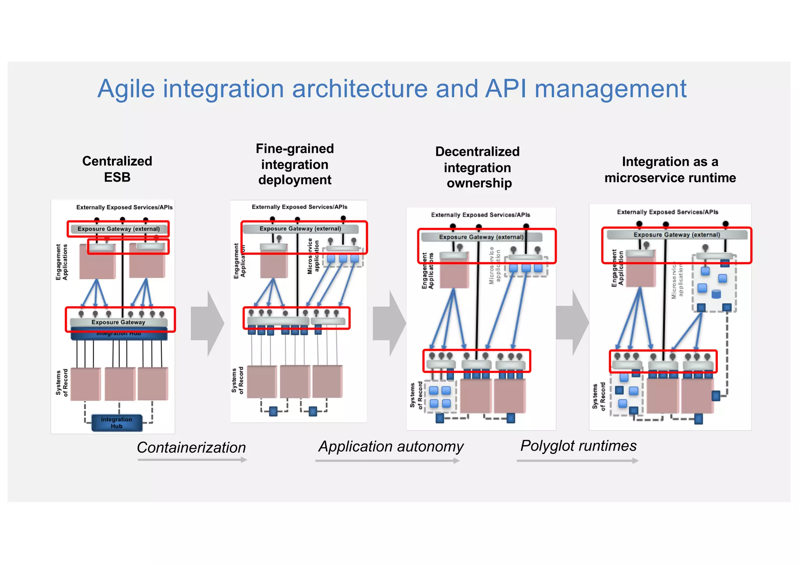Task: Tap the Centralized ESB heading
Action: [117, 169]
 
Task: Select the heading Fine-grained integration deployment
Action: [295, 164]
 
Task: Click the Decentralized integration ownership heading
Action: [478, 167]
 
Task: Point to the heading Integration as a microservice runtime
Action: [670, 170]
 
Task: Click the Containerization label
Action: [191, 448]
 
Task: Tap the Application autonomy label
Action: [391, 446]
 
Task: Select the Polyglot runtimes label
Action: [578, 446]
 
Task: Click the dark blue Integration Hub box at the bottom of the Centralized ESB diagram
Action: [117, 423]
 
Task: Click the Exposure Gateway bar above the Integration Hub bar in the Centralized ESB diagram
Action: [118, 322]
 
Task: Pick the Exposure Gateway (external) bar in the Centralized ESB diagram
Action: [118, 229]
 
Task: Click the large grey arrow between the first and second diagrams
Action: [207, 323]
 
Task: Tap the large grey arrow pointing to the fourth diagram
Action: [572, 322]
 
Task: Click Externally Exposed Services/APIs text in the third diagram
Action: [480, 215]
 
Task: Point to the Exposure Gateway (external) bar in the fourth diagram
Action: [676, 235]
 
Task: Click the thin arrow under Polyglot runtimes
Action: [577, 461]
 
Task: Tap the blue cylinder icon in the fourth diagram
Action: [716, 294]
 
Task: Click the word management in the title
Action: [610, 89]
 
